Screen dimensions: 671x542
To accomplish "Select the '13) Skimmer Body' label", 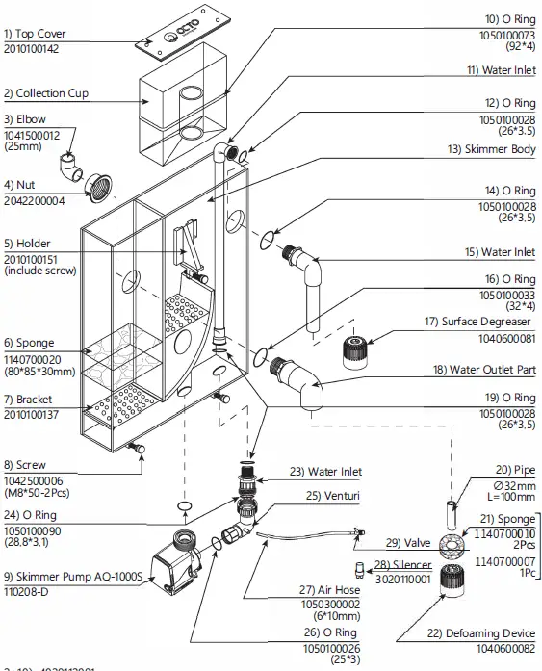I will coord(489,149).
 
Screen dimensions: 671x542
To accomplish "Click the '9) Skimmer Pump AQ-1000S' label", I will coord(71,577).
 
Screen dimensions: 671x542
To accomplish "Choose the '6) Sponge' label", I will coord(29,343).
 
